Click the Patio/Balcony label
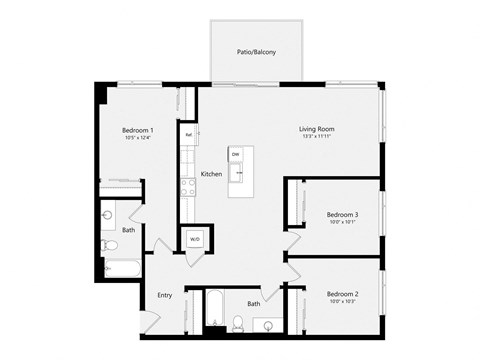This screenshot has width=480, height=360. click(256, 52)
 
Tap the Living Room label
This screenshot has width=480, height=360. click(316, 129)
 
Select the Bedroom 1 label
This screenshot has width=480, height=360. click(137, 131)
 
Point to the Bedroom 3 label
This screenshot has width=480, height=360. click(342, 215)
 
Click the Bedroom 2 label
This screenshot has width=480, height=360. click(342, 294)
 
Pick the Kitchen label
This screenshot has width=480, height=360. click(211, 174)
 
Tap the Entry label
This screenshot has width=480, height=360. click(165, 295)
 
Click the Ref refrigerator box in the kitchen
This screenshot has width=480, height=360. click(187, 134)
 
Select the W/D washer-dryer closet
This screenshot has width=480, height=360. click(194, 240)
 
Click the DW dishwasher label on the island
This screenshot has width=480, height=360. click(236, 154)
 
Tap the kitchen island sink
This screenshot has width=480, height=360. click(239, 173)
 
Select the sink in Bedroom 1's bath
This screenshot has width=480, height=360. click(107, 215)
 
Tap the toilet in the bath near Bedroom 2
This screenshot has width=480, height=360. click(238, 321)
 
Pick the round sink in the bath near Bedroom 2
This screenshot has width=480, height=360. click(269, 323)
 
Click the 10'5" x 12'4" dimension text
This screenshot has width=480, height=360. click(137, 139)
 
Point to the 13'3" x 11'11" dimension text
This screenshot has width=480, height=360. click(316, 138)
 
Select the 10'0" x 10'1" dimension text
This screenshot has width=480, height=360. click(342, 223)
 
